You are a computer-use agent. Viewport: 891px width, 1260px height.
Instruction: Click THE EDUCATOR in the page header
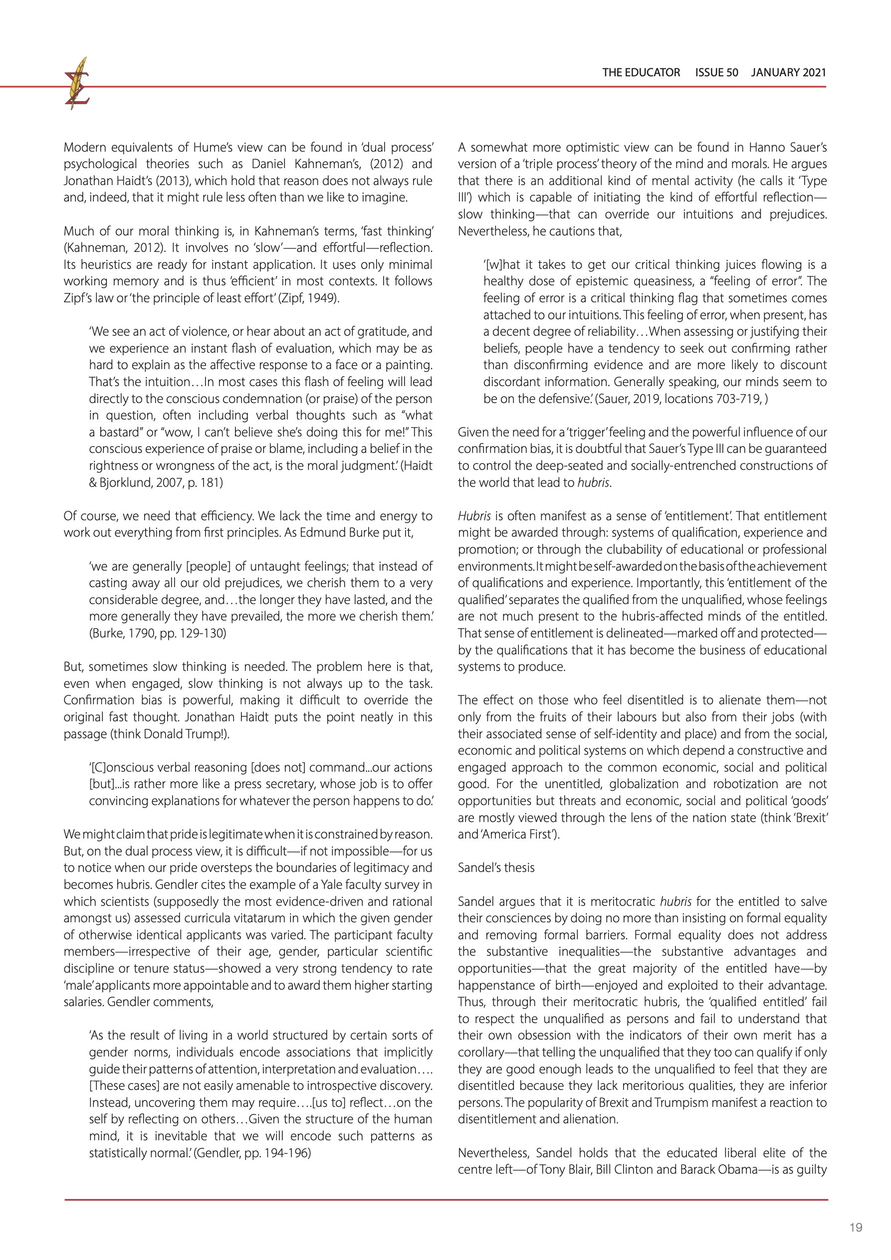pos(641,72)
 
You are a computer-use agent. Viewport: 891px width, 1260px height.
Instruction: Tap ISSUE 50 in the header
pos(716,72)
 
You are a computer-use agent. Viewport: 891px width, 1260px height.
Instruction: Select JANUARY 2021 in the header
pos(788,72)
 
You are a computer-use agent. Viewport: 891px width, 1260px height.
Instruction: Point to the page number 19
pos(855,1228)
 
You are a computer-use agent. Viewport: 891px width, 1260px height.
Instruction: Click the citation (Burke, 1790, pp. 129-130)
pos(158,633)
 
